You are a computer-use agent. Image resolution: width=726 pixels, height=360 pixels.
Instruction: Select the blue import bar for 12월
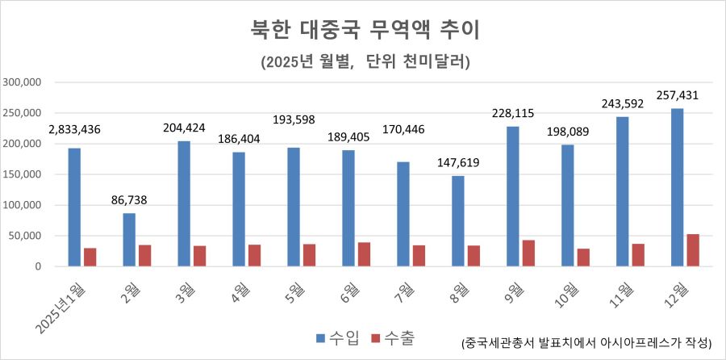click(678, 187)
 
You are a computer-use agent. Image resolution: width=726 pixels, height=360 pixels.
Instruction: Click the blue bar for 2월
click(129, 240)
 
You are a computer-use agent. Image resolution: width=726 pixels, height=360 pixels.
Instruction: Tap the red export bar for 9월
click(528, 253)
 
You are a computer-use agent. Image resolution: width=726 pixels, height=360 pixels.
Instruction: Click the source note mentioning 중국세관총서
click(586, 342)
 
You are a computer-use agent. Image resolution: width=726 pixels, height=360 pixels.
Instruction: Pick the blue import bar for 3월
click(184, 203)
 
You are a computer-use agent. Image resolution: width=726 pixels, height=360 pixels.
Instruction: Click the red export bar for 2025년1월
click(90, 257)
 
